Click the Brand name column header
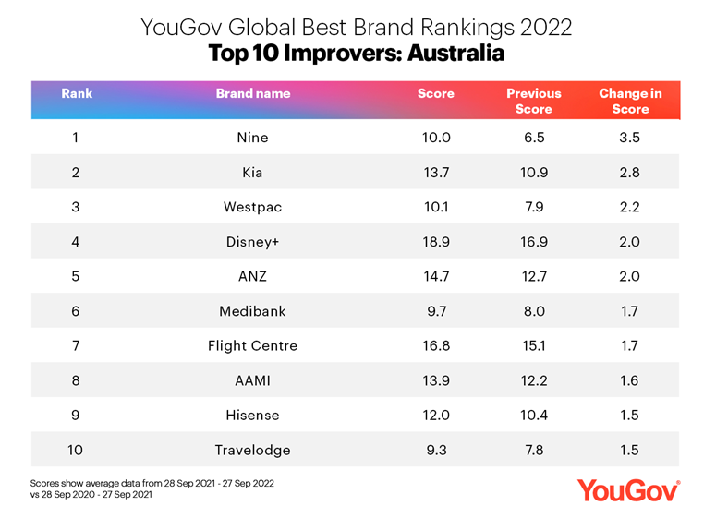pos(252,93)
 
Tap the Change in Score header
pos(630,101)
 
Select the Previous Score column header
pos(533,101)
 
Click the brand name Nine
pos(252,138)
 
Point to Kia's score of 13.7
pos(435,172)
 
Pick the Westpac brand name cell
pos(252,207)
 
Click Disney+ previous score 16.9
pos(533,242)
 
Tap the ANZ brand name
pos(252,276)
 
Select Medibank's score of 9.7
pos(435,311)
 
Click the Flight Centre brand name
pos(252,346)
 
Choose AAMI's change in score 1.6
pos(630,380)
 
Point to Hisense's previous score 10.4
pos(533,416)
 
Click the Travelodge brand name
pos(252,450)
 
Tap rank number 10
pos(76,450)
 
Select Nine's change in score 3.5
pos(630,138)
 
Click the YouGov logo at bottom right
pos(628,489)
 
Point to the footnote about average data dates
pos(152,488)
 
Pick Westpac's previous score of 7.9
pos(533,207)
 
